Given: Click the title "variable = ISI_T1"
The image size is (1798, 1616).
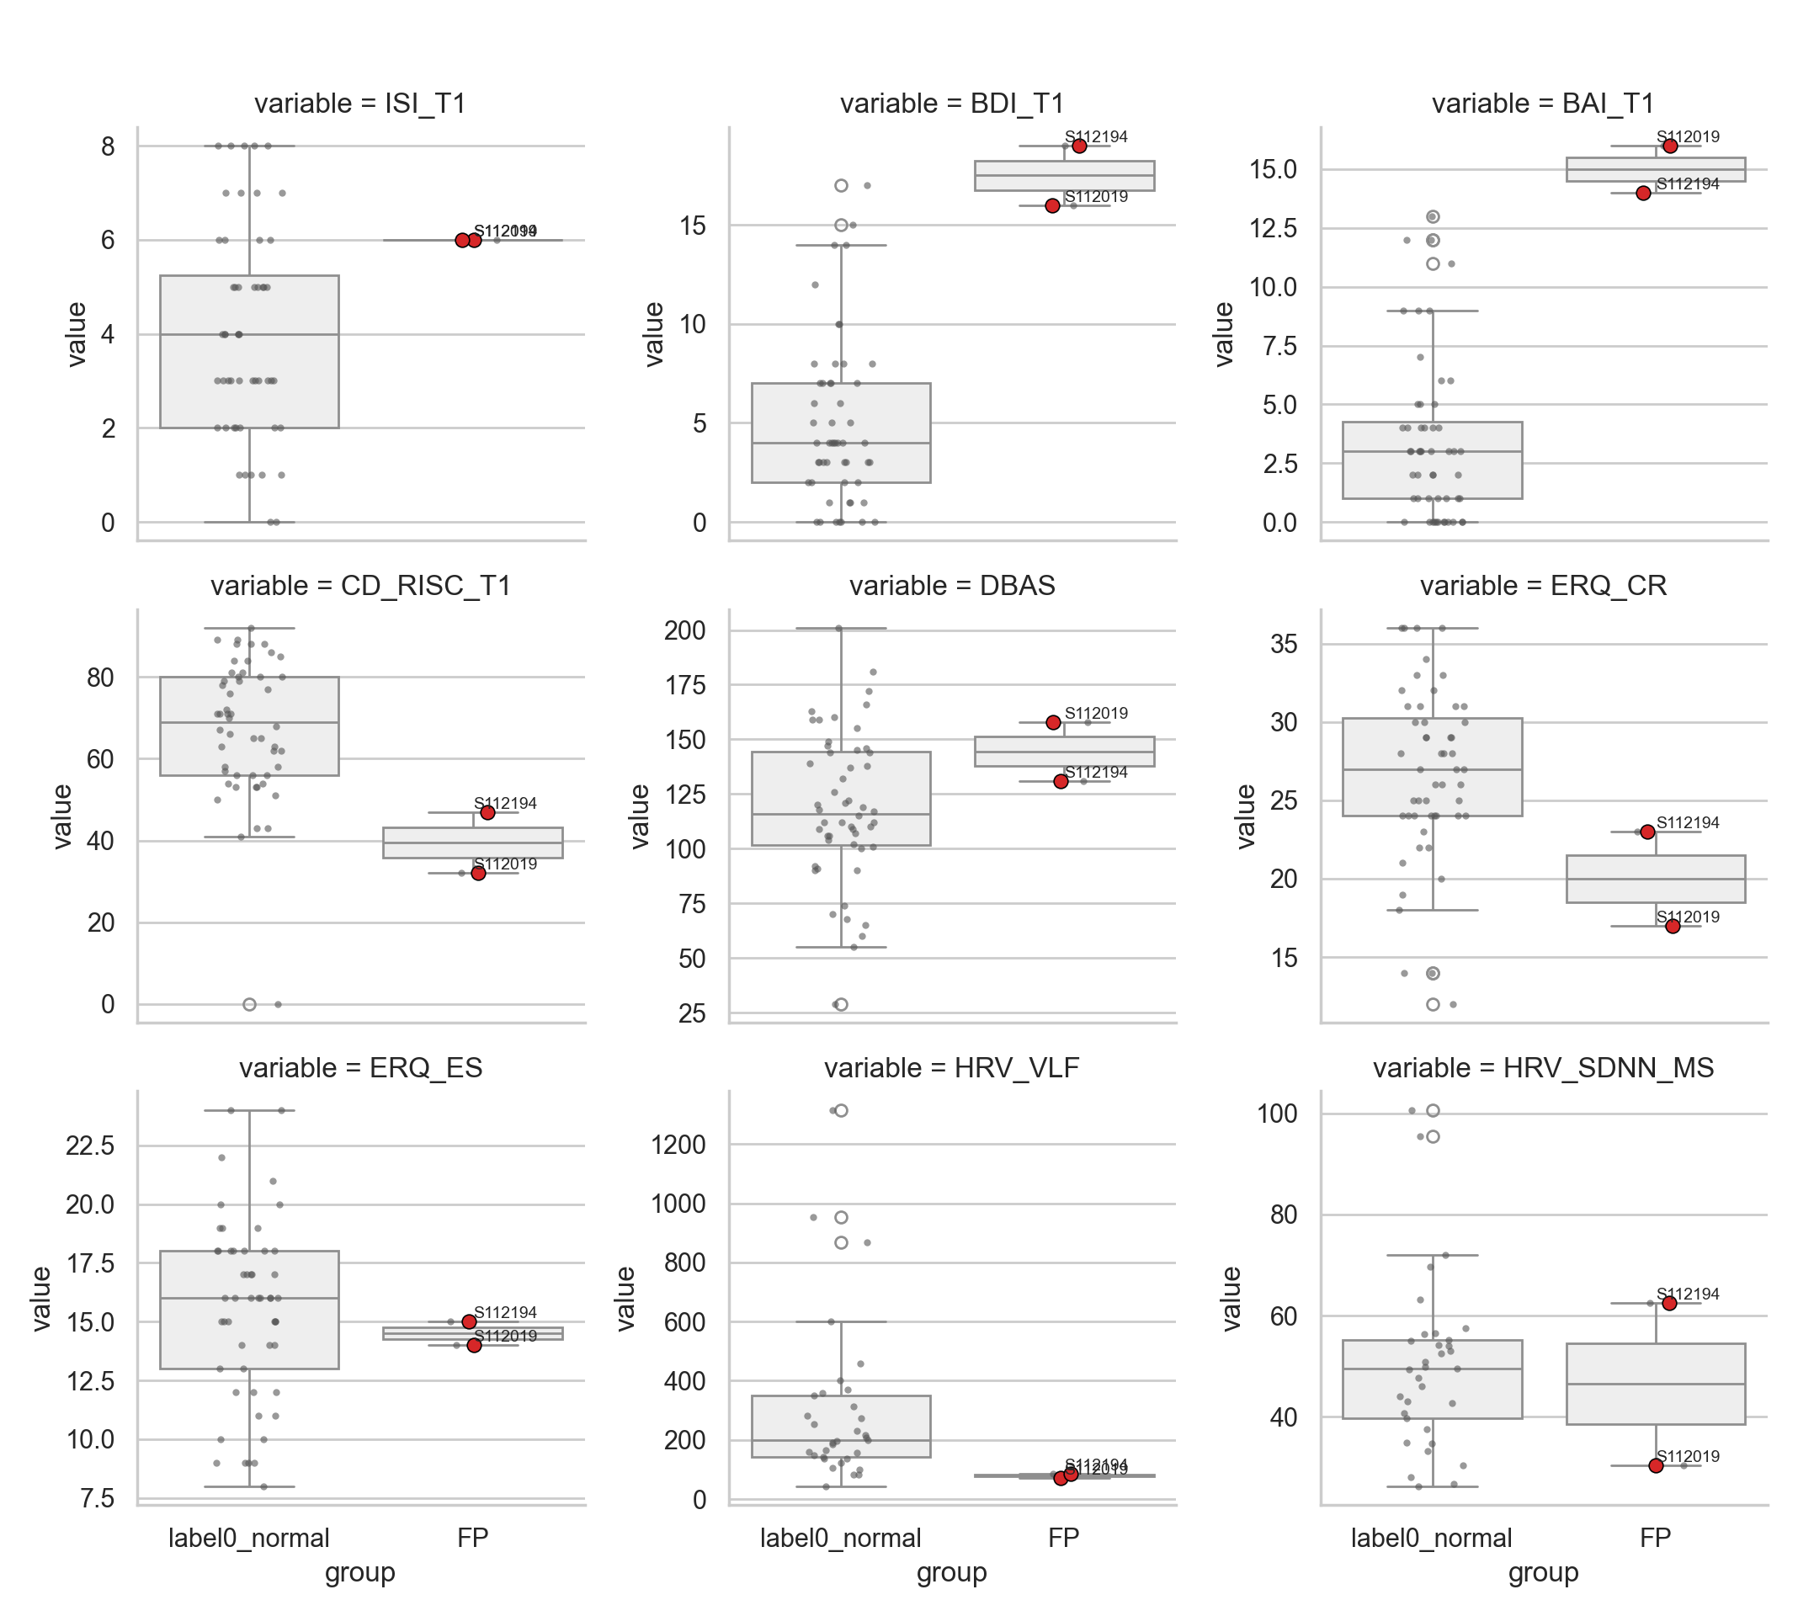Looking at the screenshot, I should click(359, 104).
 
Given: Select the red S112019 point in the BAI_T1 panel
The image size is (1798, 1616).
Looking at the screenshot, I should click(1669, 146).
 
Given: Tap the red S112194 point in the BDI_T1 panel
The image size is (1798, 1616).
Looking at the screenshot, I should click(1079, 146).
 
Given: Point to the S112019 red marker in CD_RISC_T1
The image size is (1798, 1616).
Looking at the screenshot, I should click(477, 873).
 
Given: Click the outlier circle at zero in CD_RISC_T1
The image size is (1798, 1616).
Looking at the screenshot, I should click(249, 1004).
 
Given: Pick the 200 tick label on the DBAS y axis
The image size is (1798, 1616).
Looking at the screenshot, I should click(684, 630).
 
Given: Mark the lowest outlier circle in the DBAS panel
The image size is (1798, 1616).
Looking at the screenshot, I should click(841, 1004).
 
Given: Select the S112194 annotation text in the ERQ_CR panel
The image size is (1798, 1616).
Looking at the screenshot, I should click(1687, 822).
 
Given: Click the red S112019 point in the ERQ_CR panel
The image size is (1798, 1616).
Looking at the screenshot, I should click(1672, 926).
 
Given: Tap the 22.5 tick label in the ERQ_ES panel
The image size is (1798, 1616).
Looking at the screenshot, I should click(90, 1146).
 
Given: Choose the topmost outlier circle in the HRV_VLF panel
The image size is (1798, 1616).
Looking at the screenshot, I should click(841, 1110).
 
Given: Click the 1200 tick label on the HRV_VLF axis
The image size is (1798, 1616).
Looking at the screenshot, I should click(678, 1145).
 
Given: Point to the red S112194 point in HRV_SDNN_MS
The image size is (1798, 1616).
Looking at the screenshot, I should click(1668, 1303).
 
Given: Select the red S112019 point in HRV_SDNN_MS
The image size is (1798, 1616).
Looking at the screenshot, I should click(1655, 1465).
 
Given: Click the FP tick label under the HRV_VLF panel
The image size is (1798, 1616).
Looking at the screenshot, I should click(1063, 1537).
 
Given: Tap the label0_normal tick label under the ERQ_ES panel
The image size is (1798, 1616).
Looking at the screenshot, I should click(248, 1537).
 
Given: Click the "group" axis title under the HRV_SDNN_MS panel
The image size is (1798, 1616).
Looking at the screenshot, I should click(1542, 1571).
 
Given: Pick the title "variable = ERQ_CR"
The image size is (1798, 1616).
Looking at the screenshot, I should click(1542, 586).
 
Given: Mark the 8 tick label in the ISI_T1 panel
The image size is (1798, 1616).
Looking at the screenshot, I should click(108, 146).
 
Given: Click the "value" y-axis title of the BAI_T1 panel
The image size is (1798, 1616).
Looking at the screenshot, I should click(1224, 334).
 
